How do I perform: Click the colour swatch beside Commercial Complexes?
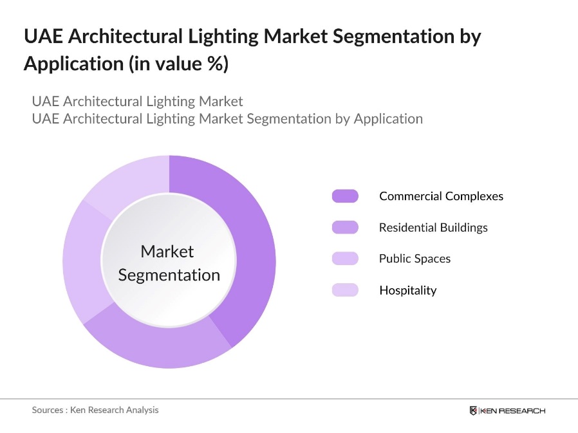point(345,196)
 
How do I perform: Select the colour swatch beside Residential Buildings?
point(345,227)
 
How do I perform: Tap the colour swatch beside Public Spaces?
point(345,259)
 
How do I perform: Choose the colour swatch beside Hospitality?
point(345,290)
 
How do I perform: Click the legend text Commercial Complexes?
point(441,196)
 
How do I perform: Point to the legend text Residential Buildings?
point(433,227)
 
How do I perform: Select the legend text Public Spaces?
point(415,259)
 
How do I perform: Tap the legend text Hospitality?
point(407,290)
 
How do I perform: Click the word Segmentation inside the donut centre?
point(169,275)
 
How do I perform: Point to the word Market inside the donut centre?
point(167,252)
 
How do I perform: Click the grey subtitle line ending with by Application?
point(227,118)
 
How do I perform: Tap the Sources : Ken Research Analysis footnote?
point(95,410)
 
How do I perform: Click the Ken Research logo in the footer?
point(507,410)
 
